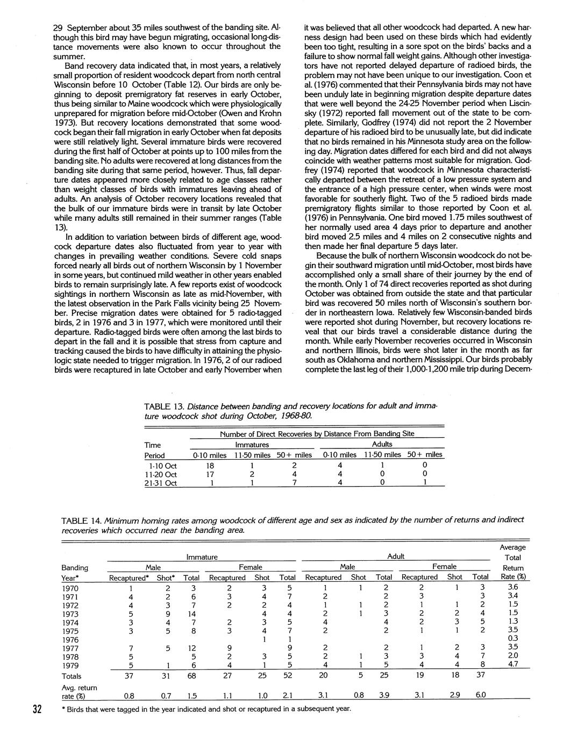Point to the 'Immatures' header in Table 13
coord(252,445)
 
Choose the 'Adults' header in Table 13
coord(382,444)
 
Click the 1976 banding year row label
coord(71,640)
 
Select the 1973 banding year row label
coord(71,614)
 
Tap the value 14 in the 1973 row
coord(191,613)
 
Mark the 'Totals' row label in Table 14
coord(72,676)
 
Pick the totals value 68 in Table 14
coord(191,676)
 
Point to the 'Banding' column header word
coord(75,567)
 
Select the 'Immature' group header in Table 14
coord(202,558)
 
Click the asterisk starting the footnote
coord(65,709)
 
